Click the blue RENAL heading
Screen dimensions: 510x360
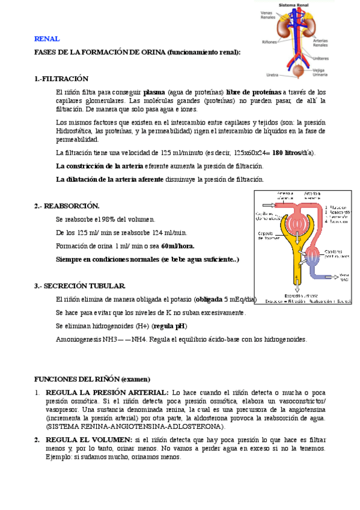click(x=47, y=39)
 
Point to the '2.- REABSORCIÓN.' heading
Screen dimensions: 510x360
click(x=67, y=206)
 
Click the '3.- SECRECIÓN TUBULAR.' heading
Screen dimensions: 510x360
click(x=80, y=285)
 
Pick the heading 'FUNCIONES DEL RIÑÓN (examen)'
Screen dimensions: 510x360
click(x=92, y=379)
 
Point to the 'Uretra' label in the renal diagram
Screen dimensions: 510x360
click(x=272, y=75)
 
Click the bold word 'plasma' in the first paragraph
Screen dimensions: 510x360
click(x=154, y=91)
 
